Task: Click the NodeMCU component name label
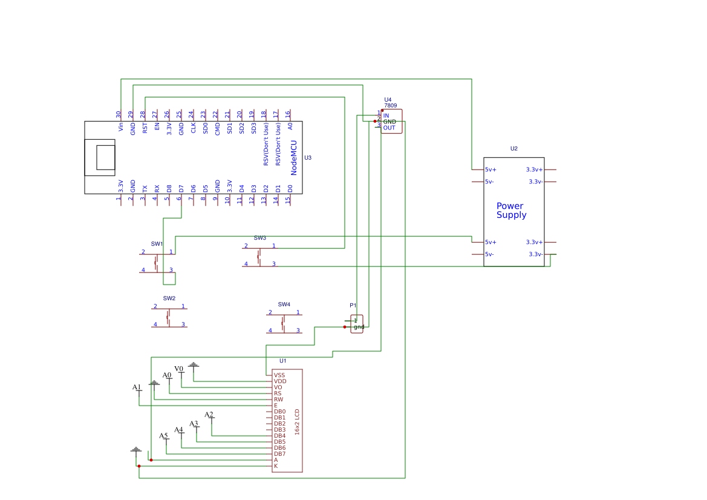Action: [x=294, y=159]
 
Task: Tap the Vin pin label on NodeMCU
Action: [x=121, y=127]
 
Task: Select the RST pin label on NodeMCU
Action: [x=145, y=128]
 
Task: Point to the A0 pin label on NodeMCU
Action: [x=290, y=126]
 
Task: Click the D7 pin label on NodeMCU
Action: [x=181, y=189]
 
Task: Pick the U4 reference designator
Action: [x=388, y=100]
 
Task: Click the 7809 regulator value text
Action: [x=390, y=106]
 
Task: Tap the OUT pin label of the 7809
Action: [x=389, y=128]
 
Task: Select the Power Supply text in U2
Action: [x=511, y=211]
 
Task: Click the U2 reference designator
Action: [x=514, y=148]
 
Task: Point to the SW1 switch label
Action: [x=157, y=244]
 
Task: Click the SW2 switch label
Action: [x=169, y=298]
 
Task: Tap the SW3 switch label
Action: [x=259, y=238]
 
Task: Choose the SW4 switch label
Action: [x=284, y=304]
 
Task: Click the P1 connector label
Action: [x=353, y=306]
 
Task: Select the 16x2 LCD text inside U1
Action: [x=297, y=421]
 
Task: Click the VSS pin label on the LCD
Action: [x=279, y=375]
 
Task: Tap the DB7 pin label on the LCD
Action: [x=279, y=454]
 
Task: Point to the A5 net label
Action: [x=163, y=436]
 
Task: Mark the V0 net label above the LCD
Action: [x=178, y=369]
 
